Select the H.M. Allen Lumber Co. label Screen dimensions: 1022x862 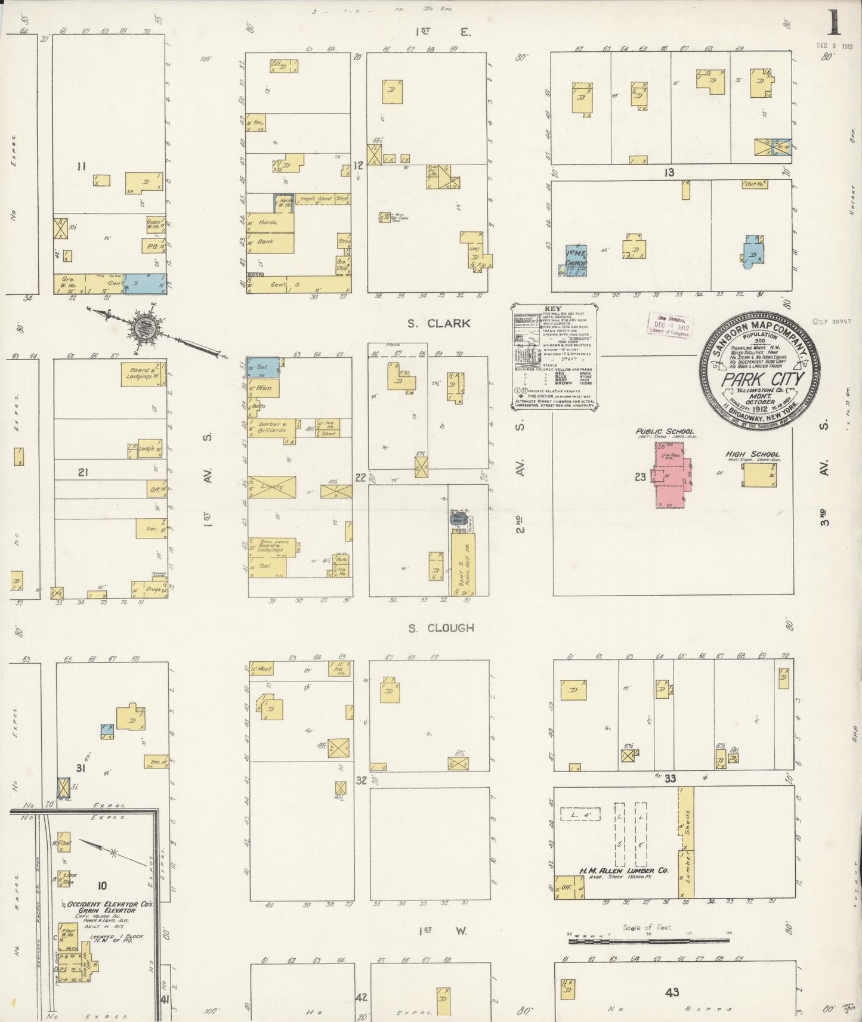pos(623,871)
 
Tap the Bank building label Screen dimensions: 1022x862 pos(267,242)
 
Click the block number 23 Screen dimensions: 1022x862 pos(640,477)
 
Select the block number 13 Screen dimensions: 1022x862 pos(669,172)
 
